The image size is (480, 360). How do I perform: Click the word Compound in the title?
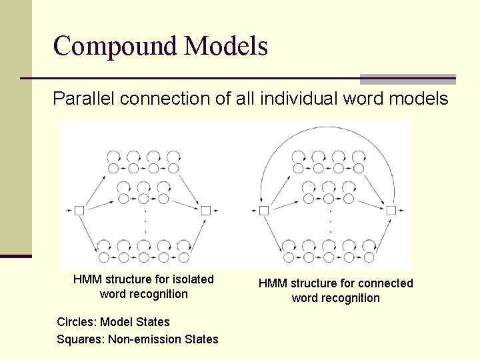(115, 47)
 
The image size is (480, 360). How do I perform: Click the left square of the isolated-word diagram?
(79, 211)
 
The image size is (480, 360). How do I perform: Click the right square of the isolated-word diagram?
(205, 211)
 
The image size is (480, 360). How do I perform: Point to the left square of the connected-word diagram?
(264, 211)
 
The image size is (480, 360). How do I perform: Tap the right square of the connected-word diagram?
(391, 211)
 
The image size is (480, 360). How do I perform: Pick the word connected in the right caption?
(380, 283)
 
